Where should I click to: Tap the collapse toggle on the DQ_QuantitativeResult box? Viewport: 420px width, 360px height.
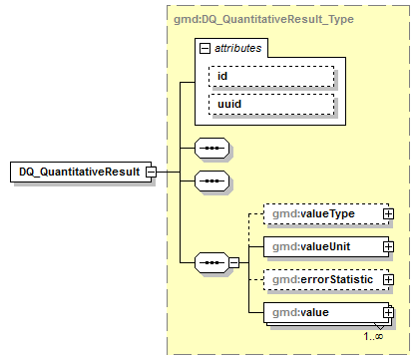click(151, 172)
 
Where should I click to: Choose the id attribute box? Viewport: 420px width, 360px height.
click(269, 77)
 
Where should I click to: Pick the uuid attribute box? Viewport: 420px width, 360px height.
click(269, 103)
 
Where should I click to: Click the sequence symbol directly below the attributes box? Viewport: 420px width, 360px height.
click(210, 148)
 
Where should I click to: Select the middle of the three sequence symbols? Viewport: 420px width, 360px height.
click(210, 181)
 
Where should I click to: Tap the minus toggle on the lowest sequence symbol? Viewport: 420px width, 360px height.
click(233, 262)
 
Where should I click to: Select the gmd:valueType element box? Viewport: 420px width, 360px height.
click(321, 212)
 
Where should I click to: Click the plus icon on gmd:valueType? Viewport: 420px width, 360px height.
click(388, 212)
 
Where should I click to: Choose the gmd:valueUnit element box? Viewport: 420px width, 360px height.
click(321, 246)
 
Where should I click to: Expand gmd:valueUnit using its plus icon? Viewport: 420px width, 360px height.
click(388, 246)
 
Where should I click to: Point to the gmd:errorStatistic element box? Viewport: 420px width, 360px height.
click(321, 280)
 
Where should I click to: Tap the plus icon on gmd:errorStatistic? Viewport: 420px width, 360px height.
click(388, 280)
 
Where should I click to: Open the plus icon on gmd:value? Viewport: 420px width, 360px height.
click(388, 313)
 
